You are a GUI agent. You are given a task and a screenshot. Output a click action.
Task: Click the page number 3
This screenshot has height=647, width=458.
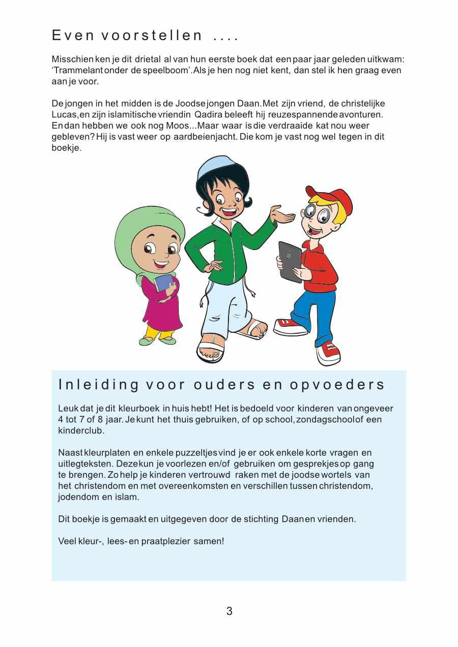point(230,611)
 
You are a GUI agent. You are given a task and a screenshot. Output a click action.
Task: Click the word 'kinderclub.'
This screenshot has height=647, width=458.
point(81,430)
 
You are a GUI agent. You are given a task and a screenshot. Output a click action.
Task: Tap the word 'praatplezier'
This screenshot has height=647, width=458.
point(166,541)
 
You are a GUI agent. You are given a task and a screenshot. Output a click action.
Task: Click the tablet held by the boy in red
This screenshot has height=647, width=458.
point(290,261)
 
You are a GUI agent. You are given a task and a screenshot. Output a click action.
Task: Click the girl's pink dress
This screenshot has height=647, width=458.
point(163,310)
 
